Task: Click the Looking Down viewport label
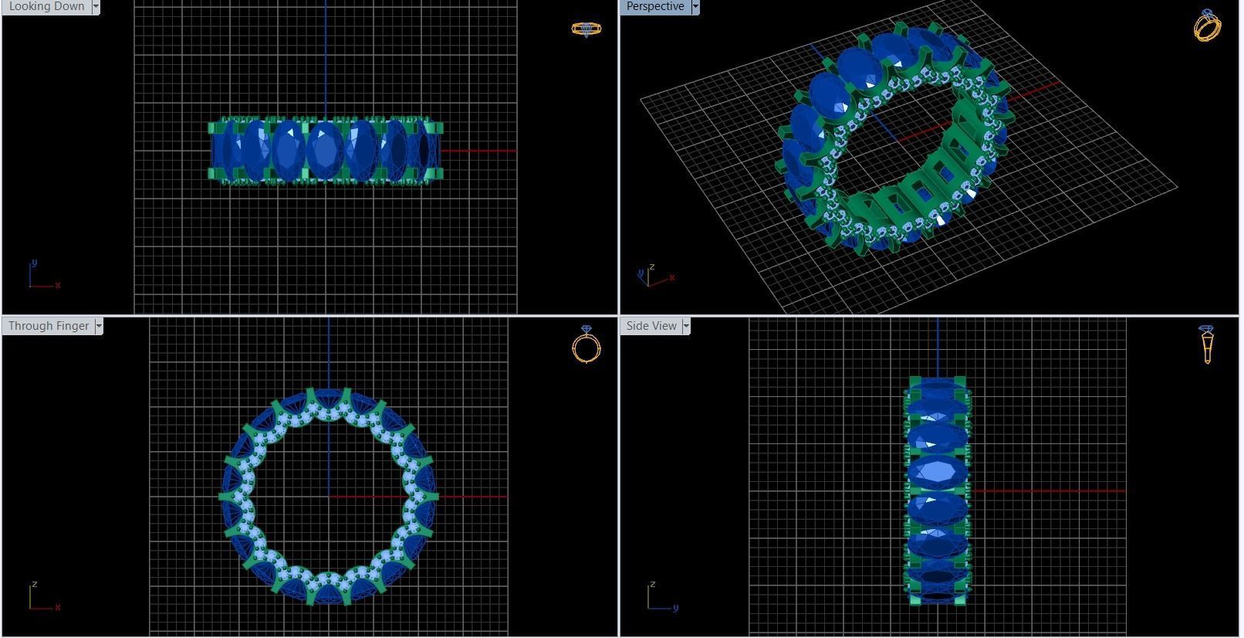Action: point(46,6)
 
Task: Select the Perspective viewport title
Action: point(654,6)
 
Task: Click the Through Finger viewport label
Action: point(48,326)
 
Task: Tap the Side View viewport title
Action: point(651,326)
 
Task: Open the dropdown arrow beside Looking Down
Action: point(96,6)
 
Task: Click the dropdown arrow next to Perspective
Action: point(695,6)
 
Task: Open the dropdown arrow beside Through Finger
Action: point(99,326)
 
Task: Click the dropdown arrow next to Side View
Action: point(686,326)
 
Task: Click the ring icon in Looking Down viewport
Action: point(586,29)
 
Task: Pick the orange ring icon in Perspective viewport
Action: point(1207,25)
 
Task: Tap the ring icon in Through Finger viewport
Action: point(586,345)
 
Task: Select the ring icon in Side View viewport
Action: point(1207,344)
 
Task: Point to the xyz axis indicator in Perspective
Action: point(654,276)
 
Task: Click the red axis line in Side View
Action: point(1050,490)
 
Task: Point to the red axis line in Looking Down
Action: point(478,151)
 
